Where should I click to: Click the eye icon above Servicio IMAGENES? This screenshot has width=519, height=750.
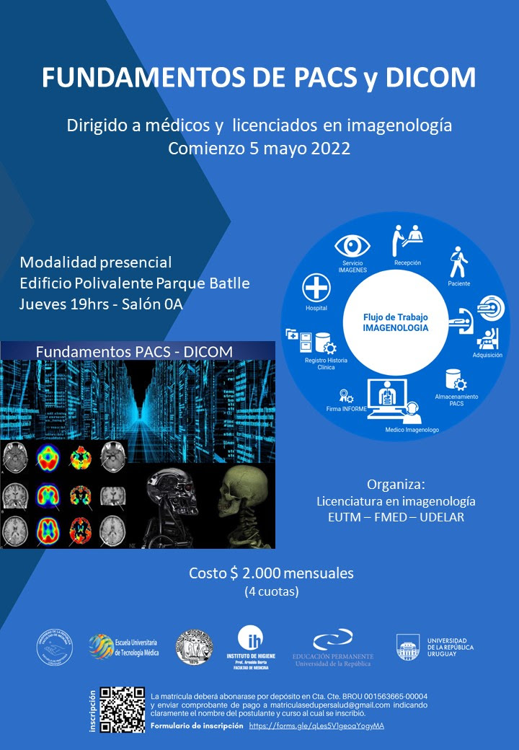(352, 245)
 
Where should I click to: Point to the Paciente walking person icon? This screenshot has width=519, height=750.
(458, 262)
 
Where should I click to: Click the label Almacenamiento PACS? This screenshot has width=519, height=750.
(456, 400)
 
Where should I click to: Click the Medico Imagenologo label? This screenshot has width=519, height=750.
(412, 430)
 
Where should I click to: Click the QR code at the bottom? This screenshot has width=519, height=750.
(123, 710)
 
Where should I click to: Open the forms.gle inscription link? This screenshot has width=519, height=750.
(316, 725)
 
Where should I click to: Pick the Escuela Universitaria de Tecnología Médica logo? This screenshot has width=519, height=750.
(123, 646)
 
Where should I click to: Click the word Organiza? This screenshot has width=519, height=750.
(396, 483)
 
